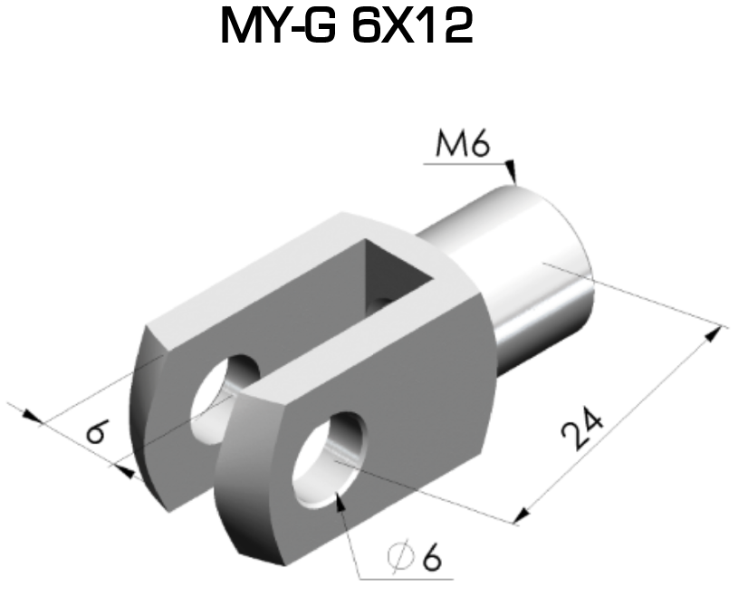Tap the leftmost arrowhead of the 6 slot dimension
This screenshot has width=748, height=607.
click(32, 417)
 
